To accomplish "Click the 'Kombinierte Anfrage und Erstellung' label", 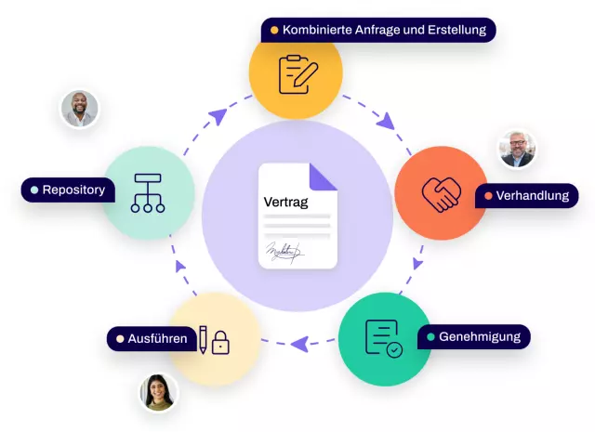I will tap(378, 31).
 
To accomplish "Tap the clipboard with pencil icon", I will tap(296, 73).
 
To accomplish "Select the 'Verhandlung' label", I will tap(526, 196).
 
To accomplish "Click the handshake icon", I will tap(441, 193).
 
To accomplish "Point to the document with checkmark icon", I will tap(384, 338).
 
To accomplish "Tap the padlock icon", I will tap(220, 344).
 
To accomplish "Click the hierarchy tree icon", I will tap(148, 193).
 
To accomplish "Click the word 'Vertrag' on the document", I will tap(285, 202).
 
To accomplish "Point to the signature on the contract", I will tap(284, 251).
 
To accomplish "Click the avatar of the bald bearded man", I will tap(80, 109).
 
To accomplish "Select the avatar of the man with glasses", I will tap(517, 149).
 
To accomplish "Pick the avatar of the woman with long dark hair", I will tap(158, 393).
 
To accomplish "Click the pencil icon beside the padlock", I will tap(202, 340).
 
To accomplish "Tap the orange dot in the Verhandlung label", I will tap(488, 196).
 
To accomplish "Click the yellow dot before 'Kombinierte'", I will tap(274, 31).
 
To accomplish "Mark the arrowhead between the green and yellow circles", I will tap(298, 345).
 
